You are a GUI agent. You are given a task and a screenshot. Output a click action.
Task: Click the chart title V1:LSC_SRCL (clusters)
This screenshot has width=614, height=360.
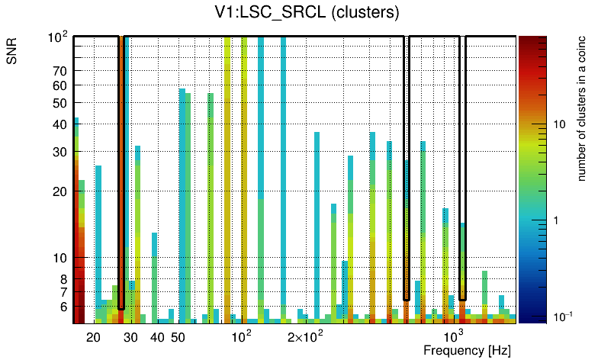(x=307, y=13)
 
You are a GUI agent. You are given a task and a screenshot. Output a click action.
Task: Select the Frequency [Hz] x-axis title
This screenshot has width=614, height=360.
(x=467, y=350)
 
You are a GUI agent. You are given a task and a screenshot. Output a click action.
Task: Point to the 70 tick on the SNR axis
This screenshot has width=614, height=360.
(x=59, y=71)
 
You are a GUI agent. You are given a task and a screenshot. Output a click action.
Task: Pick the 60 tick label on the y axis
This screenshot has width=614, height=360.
(x=59, y=85)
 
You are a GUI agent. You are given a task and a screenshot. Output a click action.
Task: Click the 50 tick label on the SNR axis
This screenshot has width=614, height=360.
(x=59, y=103)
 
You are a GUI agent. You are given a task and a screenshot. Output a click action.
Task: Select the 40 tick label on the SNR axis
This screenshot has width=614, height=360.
(x=59, y=124)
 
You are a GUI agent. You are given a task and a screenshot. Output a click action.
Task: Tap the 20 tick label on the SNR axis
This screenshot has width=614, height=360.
(x=59, y=191)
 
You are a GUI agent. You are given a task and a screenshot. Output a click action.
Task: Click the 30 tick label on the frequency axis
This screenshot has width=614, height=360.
(x=131, y=337)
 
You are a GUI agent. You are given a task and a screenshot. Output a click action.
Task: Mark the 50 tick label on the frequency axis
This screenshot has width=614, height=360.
(x=178, y=337)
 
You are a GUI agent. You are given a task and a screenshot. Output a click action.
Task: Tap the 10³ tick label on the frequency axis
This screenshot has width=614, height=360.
(x=454, y=336)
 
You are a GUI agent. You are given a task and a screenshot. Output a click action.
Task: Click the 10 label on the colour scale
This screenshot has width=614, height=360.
(x=558, y=124)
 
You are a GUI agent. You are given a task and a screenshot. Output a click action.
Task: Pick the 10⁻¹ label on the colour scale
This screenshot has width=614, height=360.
(x=561, y=316)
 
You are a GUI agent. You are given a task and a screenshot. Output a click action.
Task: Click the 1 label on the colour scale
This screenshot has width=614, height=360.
(x=555, y=220)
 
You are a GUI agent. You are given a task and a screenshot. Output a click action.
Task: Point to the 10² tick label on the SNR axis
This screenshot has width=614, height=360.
(x=58, y=37)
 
